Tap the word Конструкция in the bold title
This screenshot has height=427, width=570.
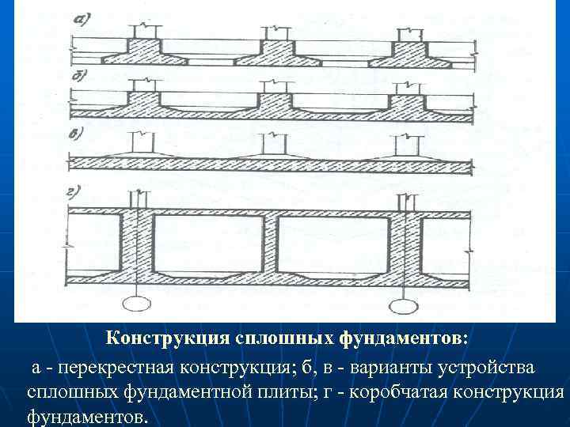(x=168, y=338)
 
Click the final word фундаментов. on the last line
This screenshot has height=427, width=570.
(x=87, y=416)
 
